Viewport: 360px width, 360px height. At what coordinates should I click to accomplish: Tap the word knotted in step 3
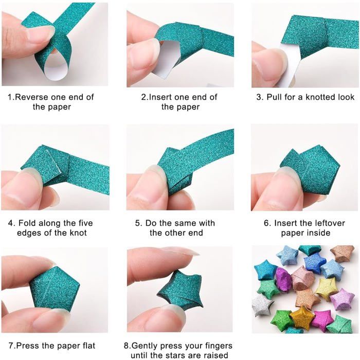[x=317, y=97]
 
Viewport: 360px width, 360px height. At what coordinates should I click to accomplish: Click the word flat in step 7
[x=85, y=346]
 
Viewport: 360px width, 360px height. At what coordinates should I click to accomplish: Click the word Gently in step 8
[x=151, y=346]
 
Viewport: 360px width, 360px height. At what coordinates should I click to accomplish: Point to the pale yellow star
[x=326, y=288]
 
